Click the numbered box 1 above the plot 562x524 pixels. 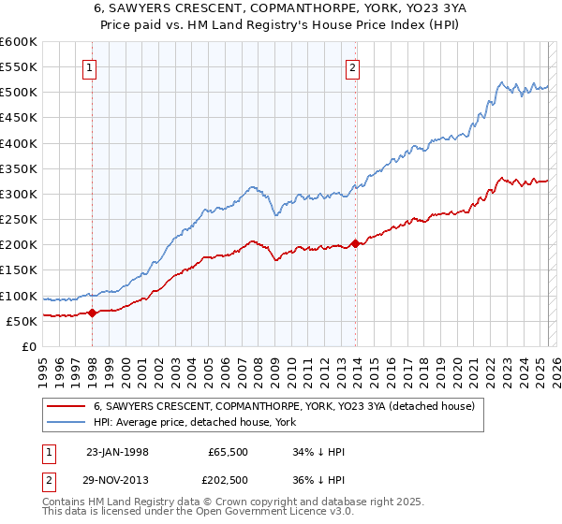[x=90, y=66]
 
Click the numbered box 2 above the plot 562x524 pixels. [x=353, y=66]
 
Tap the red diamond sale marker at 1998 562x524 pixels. [x=93, y=313]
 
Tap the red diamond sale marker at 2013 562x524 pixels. [x=356, y=243]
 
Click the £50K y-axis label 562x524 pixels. [x=22, y=321]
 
